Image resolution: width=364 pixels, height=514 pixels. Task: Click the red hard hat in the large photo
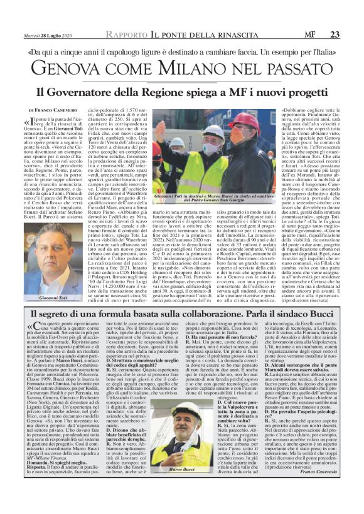(x=246, y=118)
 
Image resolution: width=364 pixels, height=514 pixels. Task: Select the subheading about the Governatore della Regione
(x=182, y=91)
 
